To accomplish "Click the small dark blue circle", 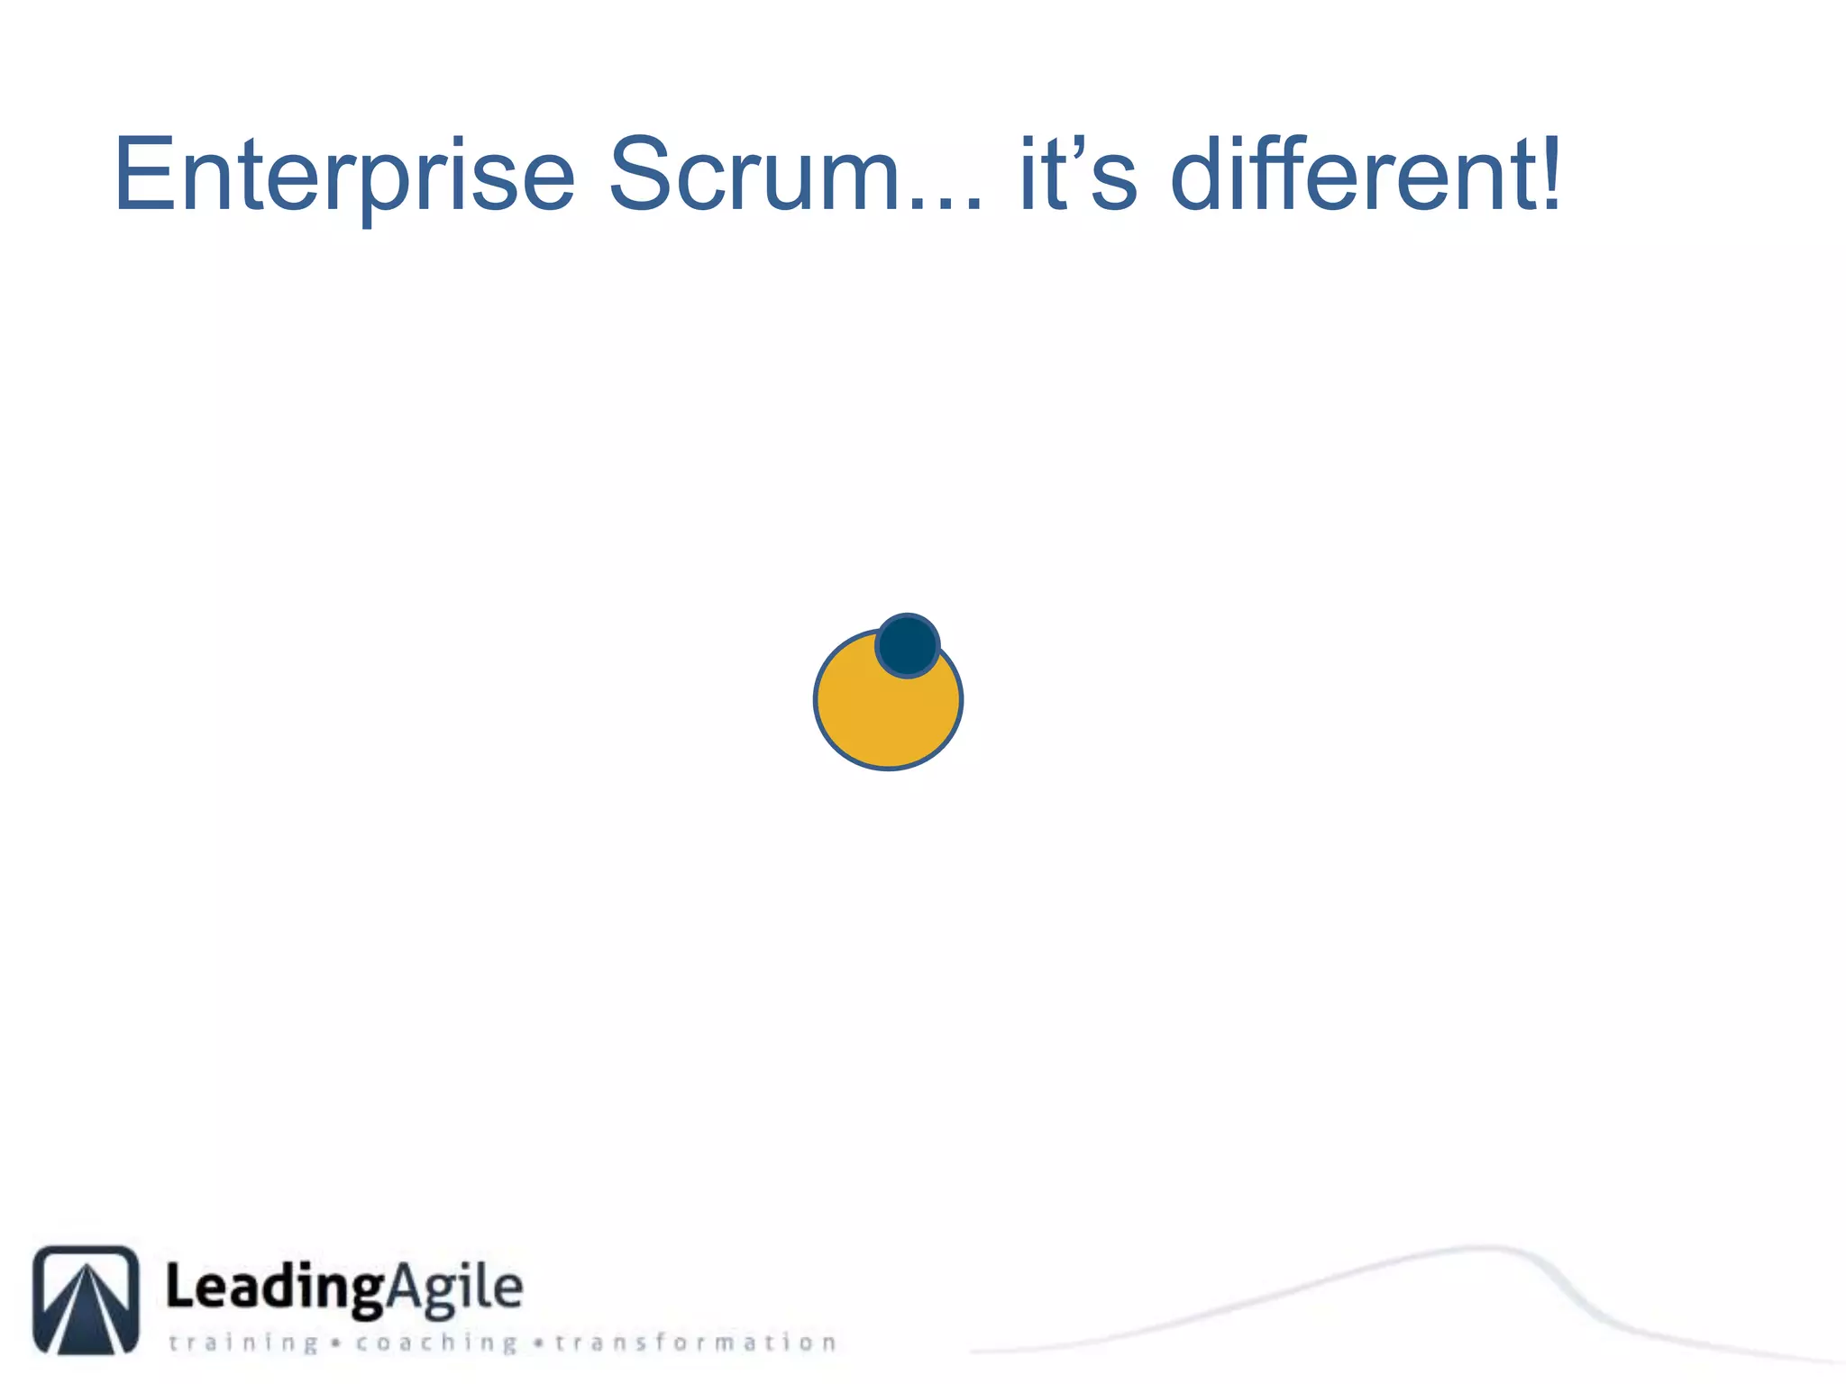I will coord(908,645).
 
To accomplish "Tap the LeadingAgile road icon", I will coord(87,1299).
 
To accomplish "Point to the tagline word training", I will coord(243,1343).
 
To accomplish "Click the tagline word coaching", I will coord(436,1343).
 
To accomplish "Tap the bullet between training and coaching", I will coord(336,1343).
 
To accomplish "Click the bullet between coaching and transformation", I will coord(538,1343).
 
